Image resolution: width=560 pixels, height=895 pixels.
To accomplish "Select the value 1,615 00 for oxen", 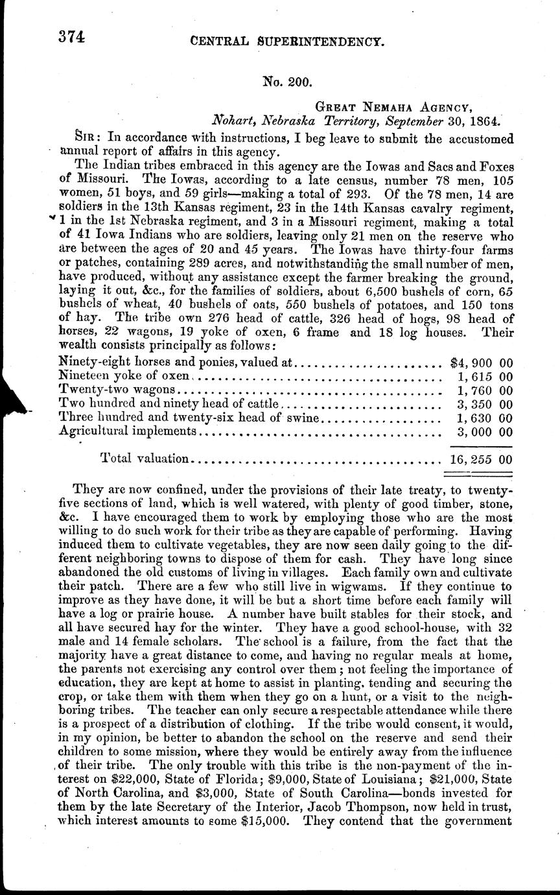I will (x=485, y=376).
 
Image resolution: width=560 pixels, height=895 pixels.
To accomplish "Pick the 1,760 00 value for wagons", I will (x=485, y=390).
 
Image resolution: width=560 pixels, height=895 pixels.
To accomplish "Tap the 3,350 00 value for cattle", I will (x=485, y=405).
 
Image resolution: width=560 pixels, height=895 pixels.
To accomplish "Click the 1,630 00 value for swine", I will (x=485, y=418).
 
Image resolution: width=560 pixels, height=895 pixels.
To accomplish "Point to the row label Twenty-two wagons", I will (x=117, y=390).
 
